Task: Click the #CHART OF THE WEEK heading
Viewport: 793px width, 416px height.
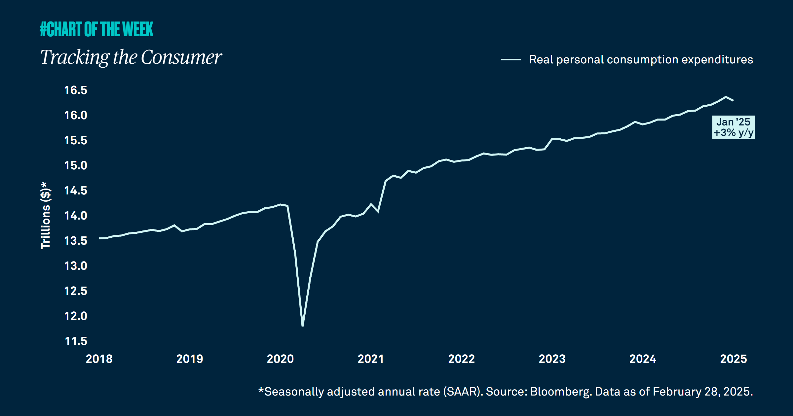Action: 96,29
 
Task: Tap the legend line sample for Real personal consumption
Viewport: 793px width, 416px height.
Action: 511,60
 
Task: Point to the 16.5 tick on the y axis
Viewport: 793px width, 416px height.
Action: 76,90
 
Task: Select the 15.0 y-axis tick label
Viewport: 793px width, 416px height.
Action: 76,166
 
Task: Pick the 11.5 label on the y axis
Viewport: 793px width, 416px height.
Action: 76,341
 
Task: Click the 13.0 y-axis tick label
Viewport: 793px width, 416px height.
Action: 76,266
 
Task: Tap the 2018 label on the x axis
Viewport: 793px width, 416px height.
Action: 99,359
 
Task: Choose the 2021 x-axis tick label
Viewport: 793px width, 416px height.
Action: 371,359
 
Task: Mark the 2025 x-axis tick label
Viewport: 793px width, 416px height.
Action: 734,359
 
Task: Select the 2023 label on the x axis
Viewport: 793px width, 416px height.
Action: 552,359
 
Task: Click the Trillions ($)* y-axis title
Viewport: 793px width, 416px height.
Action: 46,215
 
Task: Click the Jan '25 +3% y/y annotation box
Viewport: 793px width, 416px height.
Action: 733,127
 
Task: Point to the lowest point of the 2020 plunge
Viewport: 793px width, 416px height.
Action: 303,326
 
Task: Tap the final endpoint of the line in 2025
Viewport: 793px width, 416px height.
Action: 733,100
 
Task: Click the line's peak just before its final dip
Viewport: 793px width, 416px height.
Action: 726,97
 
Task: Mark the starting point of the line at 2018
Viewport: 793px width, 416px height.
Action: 99,238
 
